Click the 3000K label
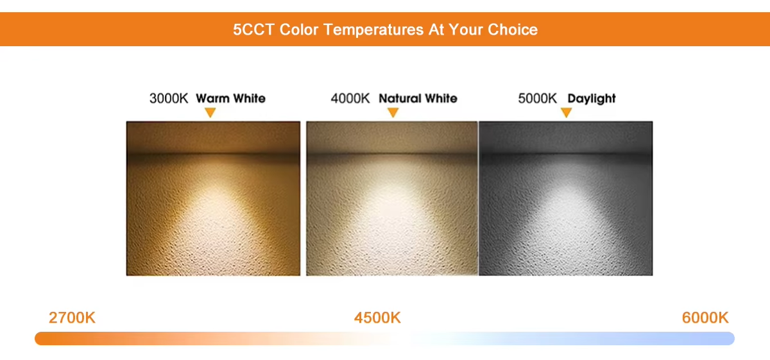click(169, 98)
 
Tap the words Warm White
click(230, 98)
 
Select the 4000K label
click(350, 98)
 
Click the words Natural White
click(418, 98)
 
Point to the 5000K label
click(537, 98)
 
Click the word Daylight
click(592, 99)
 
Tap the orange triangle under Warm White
click(210, 112)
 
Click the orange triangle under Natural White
click(393, 112)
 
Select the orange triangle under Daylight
click(566, 112)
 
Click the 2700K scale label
click(72, 318)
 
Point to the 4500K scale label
click(377, 318)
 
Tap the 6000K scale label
click(705, 318)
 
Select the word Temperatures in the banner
click(373, 30)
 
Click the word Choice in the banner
click(513, 30)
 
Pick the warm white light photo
click(213, 198)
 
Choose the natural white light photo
click(392, 198)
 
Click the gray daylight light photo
click(566, 198)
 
